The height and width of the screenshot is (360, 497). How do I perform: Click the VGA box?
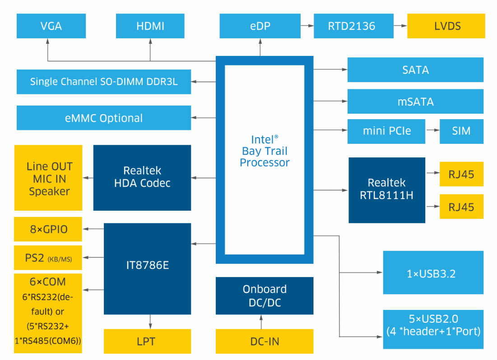[x=51, y=26]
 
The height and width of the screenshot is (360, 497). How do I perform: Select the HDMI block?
[x=150, y=26]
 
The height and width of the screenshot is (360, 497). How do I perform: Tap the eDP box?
[x=260, y=26]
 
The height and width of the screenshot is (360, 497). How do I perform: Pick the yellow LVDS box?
[x=446, y=26]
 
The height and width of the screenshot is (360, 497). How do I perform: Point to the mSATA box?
[x=415, y=102]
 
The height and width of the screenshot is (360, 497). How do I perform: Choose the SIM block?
[x=461, y=131]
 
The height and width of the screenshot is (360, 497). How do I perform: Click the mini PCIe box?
[x=387, y=131]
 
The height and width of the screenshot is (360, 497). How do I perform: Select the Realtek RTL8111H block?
[x=387, y=190]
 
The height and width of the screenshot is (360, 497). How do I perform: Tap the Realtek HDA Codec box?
[x=142, y=177]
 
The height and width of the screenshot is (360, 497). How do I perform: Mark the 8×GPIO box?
[x=48, y=229]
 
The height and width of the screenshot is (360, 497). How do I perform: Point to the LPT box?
[x=148, y=342]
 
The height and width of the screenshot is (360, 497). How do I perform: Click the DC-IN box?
[x=265, y=342]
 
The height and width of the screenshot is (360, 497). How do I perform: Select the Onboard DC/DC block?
[x=265, y=295]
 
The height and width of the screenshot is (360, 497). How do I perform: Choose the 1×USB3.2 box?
[x=433, y=273]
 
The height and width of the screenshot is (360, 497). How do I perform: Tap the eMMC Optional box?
[x=104, y=118]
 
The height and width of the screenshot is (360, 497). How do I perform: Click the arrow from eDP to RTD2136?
[x=307, y=26]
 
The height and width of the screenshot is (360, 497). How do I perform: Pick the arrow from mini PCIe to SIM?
[x=432, y=131]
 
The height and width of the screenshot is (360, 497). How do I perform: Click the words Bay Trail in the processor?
[x=265, y=151]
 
